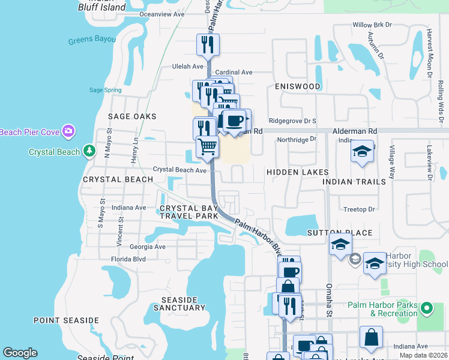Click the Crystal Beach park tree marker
(89, 151)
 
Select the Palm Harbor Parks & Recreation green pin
(427, 308)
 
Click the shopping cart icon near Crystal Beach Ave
(207, 146)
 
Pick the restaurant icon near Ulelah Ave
(208, 44)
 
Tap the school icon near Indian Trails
(363, 152)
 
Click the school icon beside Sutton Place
(340, 245)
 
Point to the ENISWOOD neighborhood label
(298, 86)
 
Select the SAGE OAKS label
(132, 116)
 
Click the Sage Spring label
(105, 90)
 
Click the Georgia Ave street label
(148, 247)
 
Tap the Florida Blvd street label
(128, 259)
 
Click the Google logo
(20, 353)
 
